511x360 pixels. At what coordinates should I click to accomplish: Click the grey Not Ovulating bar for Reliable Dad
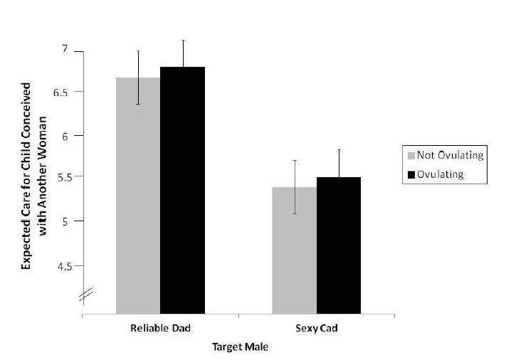pos(138,196)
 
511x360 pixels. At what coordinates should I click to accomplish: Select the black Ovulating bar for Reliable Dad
pos(182,191)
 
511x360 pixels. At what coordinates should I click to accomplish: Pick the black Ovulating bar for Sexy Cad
pos(339,245)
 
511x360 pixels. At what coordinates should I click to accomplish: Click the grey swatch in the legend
pos(410,156)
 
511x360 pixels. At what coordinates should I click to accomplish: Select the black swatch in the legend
pos(410,174)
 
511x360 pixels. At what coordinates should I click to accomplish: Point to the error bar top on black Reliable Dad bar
pos(182,40)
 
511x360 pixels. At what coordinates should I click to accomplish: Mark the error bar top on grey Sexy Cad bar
pos(295,161)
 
